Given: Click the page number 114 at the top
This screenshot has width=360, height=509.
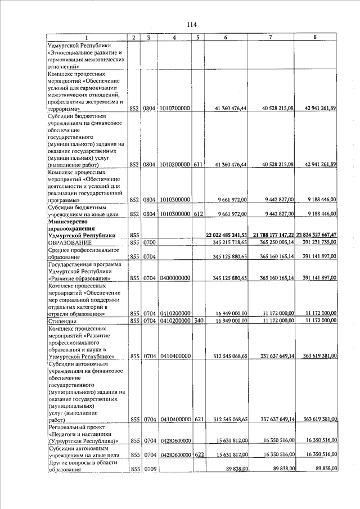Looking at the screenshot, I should [192, 24].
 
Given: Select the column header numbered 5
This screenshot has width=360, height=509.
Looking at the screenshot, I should [199, 38].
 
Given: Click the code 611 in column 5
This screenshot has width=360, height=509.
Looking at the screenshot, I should [199, 164].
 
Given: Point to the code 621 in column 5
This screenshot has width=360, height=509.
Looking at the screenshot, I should [199, 419].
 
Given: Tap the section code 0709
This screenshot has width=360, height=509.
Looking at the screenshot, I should [149, 469].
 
